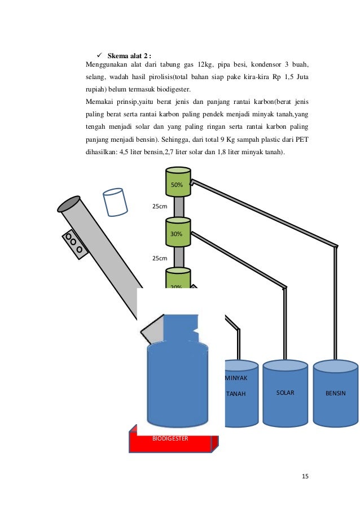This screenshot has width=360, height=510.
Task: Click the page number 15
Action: (305, 476)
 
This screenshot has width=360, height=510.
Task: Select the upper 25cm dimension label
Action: (160, 206)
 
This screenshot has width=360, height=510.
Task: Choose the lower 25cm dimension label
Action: (160, 258)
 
